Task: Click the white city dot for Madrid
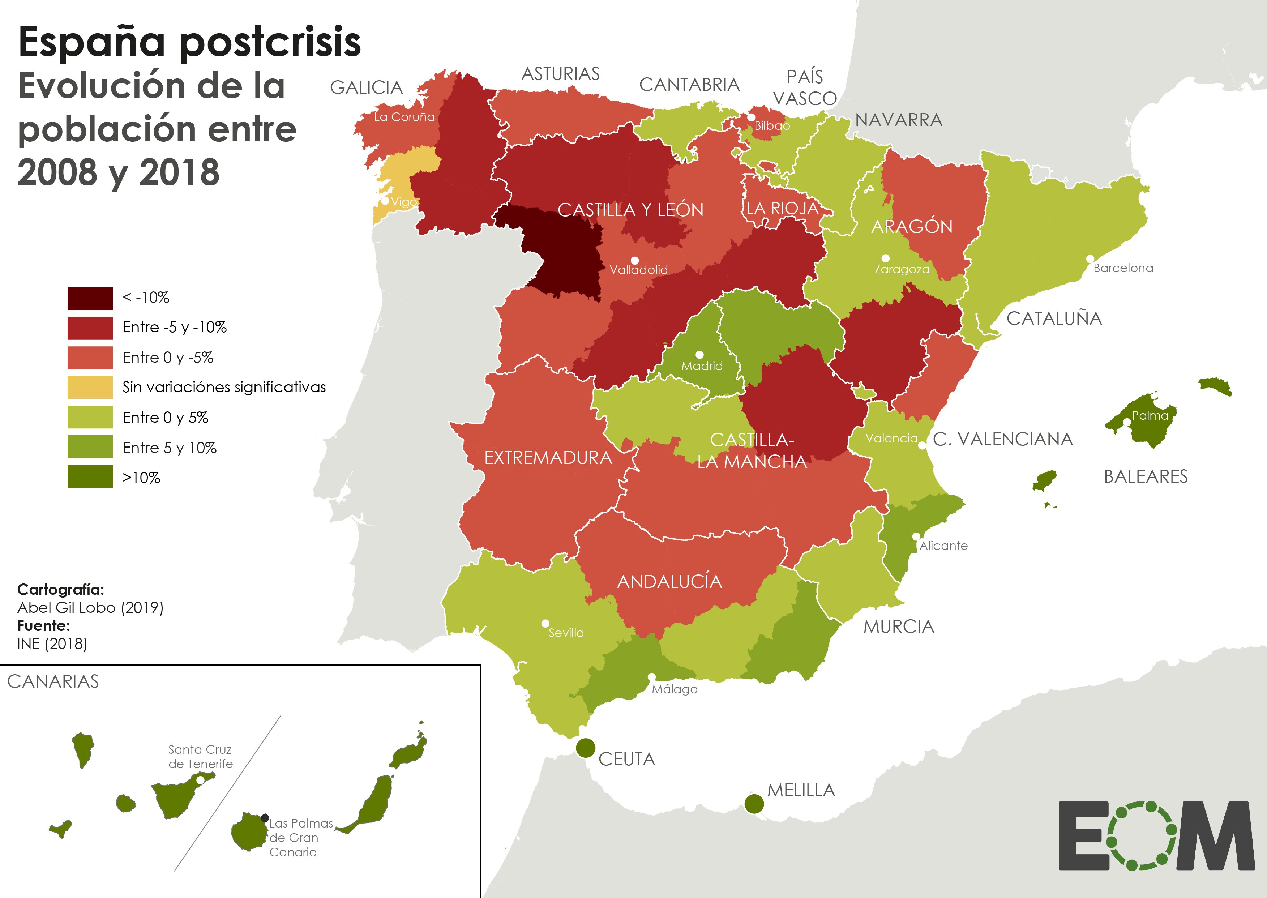click(x=699, y=354)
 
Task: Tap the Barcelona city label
click(x=1123, y=268)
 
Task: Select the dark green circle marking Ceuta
click(x=585, y=748)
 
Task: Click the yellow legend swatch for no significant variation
click(x=90, y=387)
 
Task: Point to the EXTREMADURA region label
click(x=548, y=458)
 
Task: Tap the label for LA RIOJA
click(x=782, y=209)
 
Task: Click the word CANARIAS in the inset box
click(x=53, y=681)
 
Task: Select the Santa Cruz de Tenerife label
click(x=200, y=756)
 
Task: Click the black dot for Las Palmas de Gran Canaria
click(x=265, y=818)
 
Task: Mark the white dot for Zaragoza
click(x=885, y=258)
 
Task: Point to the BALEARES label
click(x=1146, y=476)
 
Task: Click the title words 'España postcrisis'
click(x=190, y=43)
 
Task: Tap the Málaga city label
click(x=675, y=689)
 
